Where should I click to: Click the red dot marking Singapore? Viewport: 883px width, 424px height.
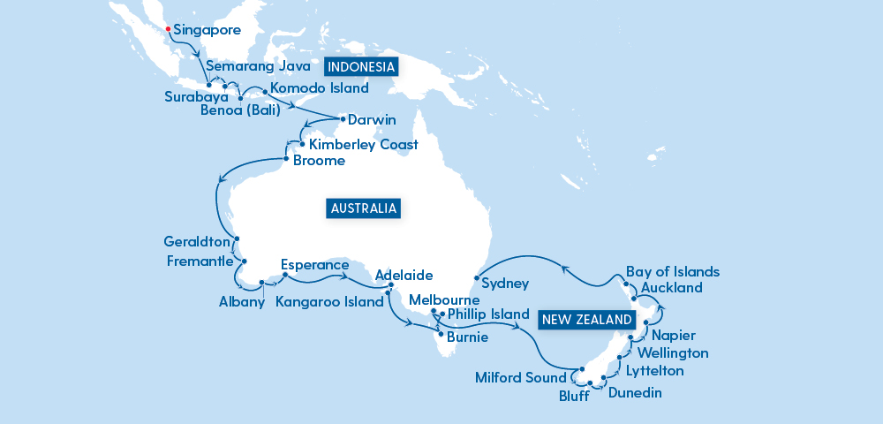pos(168,29)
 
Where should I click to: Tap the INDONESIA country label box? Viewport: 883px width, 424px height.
pos(361,67)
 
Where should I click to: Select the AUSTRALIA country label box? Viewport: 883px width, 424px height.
pos(363,209)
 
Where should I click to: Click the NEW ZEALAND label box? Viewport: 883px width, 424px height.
pos(587,320)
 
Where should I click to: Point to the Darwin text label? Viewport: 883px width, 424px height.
pos(372,119)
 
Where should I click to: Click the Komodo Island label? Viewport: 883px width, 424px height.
pos(319,88)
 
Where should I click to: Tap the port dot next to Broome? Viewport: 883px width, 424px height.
pos(285,160)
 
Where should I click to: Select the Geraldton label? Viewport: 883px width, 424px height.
pos(197,241)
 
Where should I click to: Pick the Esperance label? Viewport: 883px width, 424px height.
pos(315,264)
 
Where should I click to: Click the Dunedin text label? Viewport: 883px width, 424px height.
pos(635,393)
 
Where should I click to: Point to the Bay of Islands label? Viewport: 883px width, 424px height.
pos(673,271)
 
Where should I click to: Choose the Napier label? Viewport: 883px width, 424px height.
pos(674,336)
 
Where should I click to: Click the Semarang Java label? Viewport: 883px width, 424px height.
pos(258,66)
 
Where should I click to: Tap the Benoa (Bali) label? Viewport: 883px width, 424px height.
pos(240,110)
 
